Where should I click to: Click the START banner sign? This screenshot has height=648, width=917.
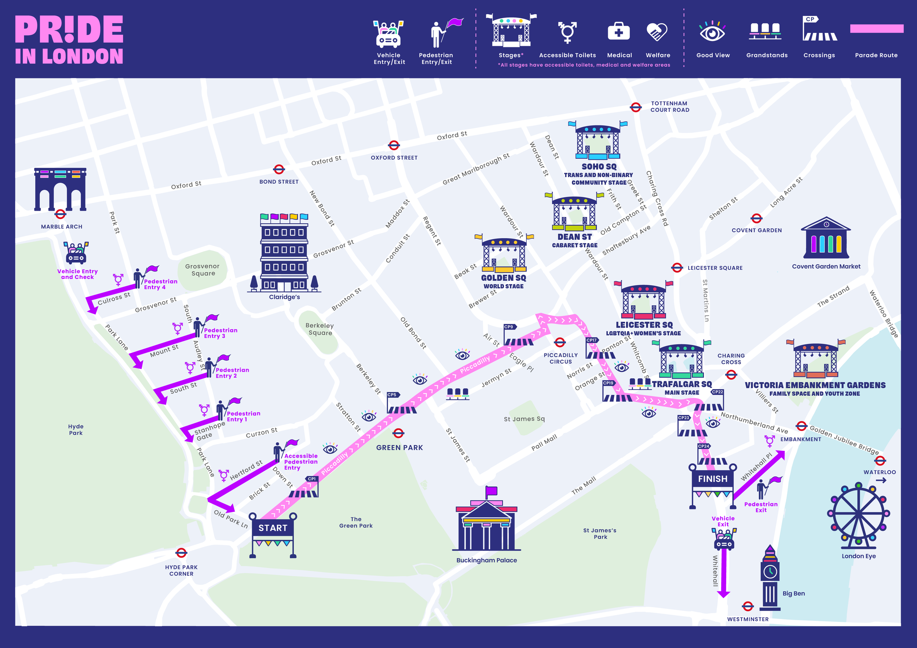273,528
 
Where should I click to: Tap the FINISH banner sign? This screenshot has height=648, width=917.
713,478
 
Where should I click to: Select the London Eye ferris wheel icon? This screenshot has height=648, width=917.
858,515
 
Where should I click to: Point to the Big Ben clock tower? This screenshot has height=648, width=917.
770,579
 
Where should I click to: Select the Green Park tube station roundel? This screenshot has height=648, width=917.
398,433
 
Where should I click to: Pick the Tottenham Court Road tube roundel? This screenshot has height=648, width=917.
636,107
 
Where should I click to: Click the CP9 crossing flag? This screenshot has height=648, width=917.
509,327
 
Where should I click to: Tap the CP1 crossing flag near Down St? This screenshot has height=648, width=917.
311,479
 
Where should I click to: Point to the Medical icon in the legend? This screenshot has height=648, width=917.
619,32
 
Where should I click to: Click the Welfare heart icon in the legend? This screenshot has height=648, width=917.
657,32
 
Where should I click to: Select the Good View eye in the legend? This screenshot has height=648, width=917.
712,32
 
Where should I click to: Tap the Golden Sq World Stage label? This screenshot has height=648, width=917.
504,282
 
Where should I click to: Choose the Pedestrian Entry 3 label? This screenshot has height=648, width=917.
220,333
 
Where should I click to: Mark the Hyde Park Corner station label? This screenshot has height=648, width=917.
181,570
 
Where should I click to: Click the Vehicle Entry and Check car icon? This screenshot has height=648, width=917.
76,253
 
